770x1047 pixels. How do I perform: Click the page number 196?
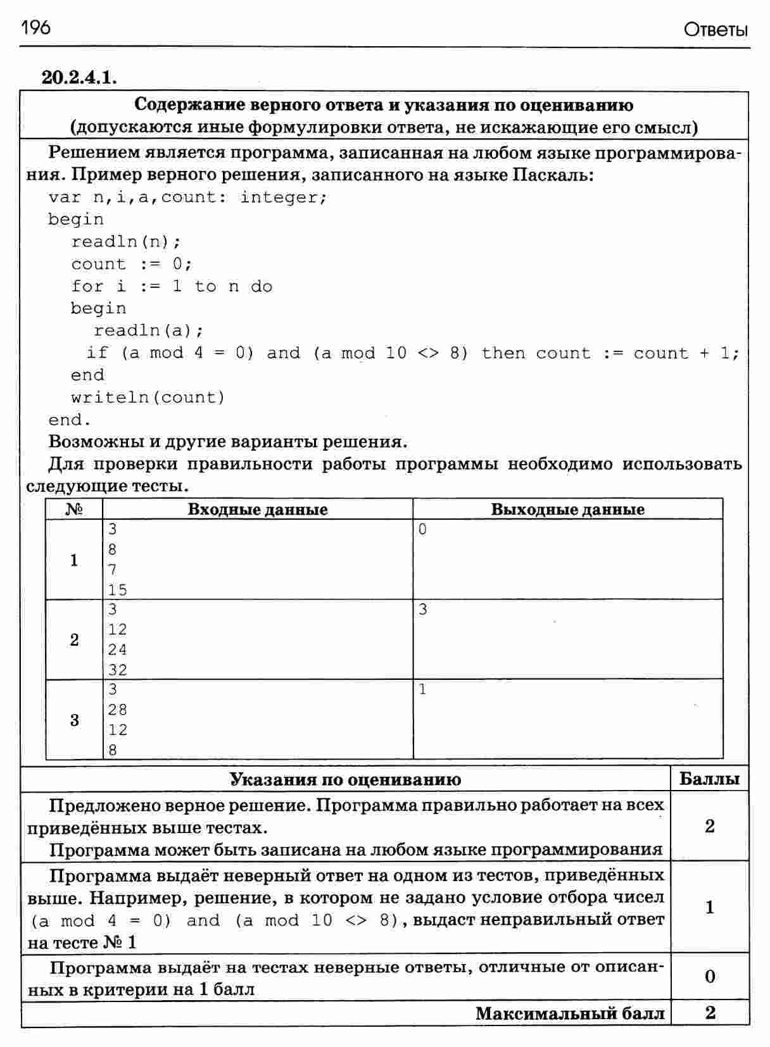click(35, 28)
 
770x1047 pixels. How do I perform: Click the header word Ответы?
click(716, 30)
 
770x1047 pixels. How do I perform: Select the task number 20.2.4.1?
click(79, 77)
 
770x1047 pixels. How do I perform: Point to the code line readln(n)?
click(126, 242)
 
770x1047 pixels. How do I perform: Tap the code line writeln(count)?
click(148, 398)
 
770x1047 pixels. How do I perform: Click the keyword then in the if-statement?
click(503, 353)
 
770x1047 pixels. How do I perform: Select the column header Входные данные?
click(258, 510)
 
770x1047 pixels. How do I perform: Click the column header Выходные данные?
click(567, 510)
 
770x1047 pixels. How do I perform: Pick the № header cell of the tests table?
click(74, 510)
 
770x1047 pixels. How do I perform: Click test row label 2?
click(74, 640)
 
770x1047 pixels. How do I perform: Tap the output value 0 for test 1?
click(423, 530)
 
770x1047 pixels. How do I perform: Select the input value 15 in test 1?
click(118, 590)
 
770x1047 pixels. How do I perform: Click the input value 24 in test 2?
click(118, 649)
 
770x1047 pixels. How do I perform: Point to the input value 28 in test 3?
click(118, 710)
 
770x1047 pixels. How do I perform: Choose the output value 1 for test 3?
click(423, 689)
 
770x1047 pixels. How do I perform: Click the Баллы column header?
click(709, 779)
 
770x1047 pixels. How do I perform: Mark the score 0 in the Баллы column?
click(710, 976)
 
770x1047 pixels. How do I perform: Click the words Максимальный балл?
click(570, 1013)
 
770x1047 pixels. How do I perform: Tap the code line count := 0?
click(131, 264)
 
